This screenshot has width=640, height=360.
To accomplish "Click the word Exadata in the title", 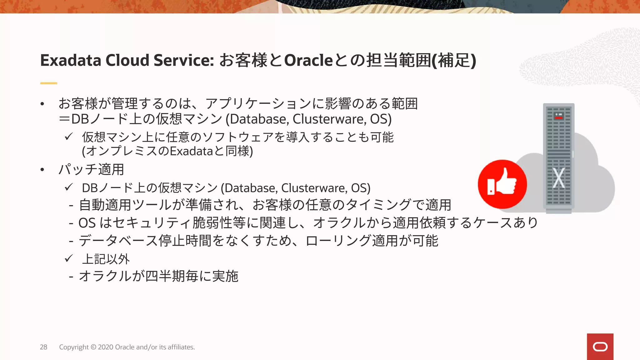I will click(71, 60).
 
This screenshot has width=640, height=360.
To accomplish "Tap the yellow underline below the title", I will click(48, 83).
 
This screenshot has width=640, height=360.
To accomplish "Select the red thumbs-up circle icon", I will click(502, 184).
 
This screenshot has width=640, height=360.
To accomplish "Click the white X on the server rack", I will click(558, 178).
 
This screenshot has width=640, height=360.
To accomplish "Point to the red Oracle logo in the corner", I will click(600, 347).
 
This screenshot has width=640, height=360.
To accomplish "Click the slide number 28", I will click(43, 347).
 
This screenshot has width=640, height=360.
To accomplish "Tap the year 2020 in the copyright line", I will click(106, 347).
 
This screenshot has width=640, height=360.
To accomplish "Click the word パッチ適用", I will click(91, 170).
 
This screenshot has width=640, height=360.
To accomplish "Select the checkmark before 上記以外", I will click(69, 258).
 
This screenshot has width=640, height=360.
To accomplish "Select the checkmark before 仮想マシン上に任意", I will click(69, 137).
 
